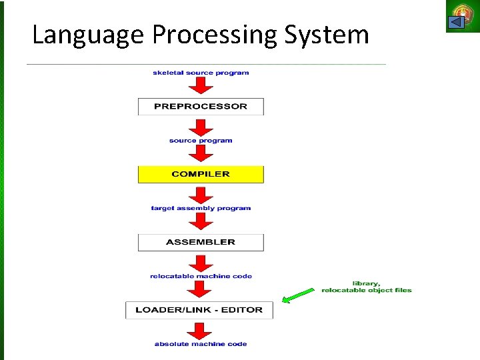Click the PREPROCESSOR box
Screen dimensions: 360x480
[x=201, y=107]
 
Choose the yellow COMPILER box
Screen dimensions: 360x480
[x=201, y=175]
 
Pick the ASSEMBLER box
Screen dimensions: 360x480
[x=201, y=242]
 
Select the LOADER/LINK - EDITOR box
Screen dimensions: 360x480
[x=199, y=310]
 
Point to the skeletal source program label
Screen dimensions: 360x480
[x=201, y=73]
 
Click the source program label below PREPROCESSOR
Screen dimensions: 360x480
[x=201, y=141]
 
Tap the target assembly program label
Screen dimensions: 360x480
[x=201, y=208]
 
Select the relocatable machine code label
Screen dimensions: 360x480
[x=201, y=276]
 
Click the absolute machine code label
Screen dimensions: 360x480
[x=201, y=344]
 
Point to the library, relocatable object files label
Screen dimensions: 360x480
[x=367, y=287]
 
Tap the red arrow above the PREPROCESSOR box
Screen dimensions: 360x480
[x=201, y=86]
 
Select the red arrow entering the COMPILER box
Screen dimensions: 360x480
[x=201, y=154]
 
